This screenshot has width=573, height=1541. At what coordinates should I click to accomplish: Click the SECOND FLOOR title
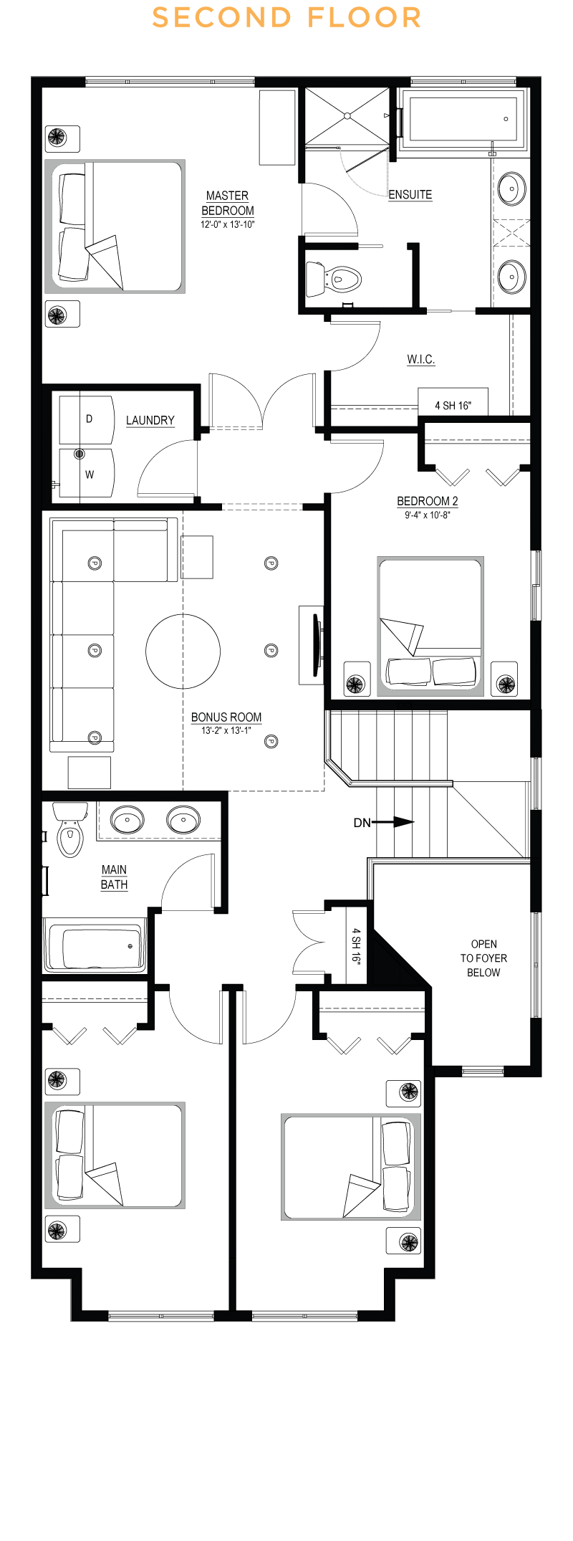(x=286, y=18)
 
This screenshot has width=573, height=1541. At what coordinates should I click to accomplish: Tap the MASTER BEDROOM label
(x=228, y=203)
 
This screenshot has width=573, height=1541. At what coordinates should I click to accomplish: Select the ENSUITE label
(x=410, y=195)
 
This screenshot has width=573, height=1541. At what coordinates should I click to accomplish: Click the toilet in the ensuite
(x=334, y=278)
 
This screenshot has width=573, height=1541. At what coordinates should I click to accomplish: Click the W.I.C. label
(x=421, y=359)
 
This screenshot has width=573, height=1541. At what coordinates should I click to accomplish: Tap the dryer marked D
(x=87, y=419)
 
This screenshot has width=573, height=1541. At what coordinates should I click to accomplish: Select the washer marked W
(x=87, y=473)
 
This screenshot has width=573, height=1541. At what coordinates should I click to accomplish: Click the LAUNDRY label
(x=150, y=421)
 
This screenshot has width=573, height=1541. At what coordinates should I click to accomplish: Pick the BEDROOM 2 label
(x=428, y=502)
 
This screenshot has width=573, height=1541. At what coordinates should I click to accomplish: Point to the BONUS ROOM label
(x=226, y=717)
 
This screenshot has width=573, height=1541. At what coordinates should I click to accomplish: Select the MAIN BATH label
(x=115, y=877)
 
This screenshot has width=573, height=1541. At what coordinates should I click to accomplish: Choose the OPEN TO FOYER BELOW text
(x=483, y=958)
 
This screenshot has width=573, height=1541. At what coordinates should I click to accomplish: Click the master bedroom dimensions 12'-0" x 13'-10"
(x=228, y=225)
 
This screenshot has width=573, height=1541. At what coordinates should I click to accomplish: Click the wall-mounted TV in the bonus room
(x=316, y=644)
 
